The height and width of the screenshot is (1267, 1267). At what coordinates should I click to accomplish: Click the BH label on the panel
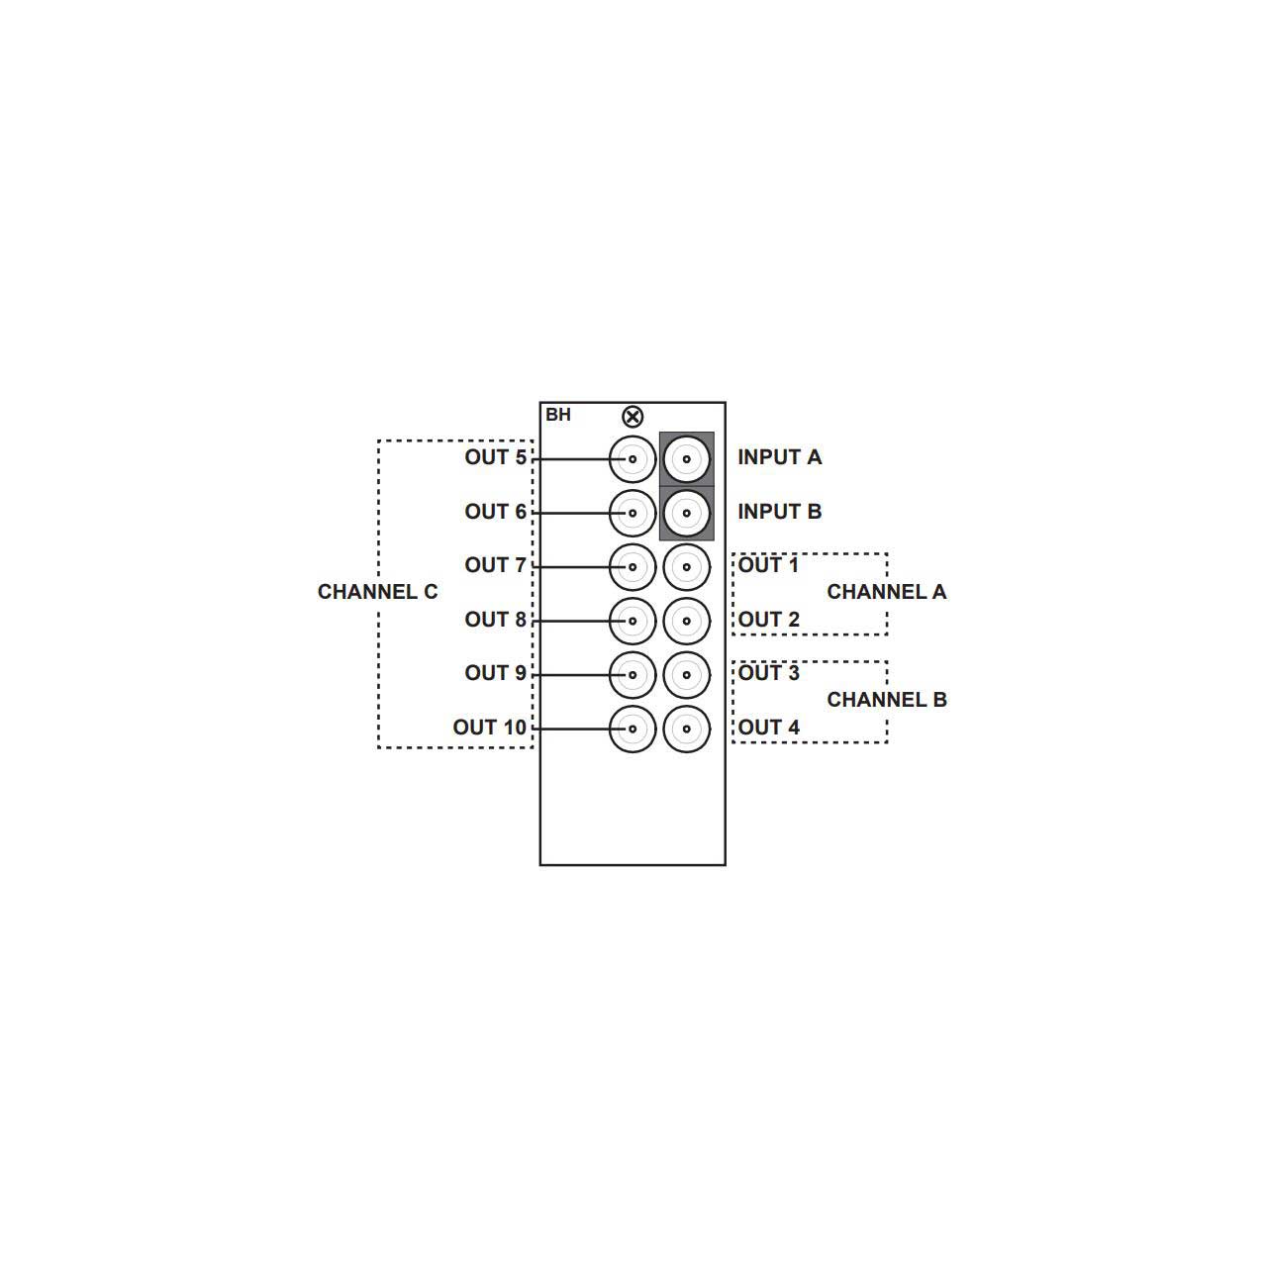(557, 415)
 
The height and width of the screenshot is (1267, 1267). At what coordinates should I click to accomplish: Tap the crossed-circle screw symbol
(632, 416)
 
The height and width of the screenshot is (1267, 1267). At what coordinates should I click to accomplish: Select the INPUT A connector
(686, 459)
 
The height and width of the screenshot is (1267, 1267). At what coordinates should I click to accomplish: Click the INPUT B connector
(686, 513)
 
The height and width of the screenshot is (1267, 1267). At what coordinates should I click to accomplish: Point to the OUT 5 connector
(632, 459)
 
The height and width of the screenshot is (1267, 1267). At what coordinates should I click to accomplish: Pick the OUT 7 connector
(632, 567)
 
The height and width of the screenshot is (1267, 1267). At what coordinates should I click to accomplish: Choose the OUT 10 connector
(632, 729)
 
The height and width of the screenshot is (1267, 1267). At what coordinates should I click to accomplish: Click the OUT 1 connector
(686, 567)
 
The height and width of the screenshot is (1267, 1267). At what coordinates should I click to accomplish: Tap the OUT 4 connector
(686, 729)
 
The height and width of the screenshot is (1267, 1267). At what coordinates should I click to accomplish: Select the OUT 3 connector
(686, 675)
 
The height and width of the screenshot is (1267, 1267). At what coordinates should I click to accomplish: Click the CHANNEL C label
(377, 592)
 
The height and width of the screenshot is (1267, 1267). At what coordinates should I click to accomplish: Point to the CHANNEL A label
(886, 592)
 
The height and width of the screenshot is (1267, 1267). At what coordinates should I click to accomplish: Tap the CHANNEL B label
(886, 700)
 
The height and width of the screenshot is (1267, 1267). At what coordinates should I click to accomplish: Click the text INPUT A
(779, 457)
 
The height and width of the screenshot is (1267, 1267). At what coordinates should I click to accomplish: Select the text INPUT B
(779, 512)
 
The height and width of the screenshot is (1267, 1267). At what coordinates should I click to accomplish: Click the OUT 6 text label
(495, 512)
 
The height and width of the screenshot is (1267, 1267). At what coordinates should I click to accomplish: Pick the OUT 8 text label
(495, 620)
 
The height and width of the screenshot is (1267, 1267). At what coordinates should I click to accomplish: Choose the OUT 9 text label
(495, 673)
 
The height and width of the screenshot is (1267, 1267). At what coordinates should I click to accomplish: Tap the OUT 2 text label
(768, 620)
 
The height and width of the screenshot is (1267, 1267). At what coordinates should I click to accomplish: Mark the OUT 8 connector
(632, 621)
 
